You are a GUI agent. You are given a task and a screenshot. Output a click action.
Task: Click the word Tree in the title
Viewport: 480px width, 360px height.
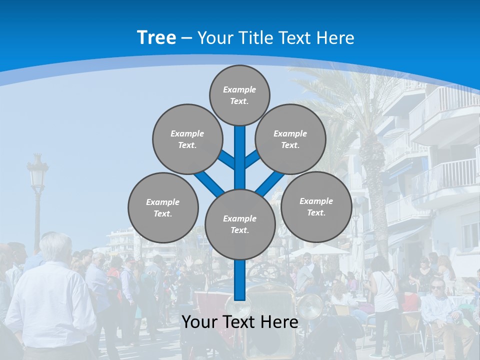tap(156, 37)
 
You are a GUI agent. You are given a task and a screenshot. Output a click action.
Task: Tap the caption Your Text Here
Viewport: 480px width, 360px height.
tap(239, 322)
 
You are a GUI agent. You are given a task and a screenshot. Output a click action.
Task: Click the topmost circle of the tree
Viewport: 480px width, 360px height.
tap(239, 95)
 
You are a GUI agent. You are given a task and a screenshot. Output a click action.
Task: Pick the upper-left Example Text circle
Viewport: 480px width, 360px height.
tap(187, 139)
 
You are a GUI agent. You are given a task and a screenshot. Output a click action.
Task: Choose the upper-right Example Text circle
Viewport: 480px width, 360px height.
tap(290, 139)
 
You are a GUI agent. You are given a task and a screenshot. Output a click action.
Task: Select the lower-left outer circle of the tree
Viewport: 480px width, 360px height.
tap(163, 207)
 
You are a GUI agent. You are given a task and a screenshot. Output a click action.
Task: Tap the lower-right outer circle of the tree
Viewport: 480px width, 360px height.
tap(316, 206)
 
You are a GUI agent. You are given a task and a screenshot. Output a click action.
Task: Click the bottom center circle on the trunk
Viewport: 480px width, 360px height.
tap(240, 224)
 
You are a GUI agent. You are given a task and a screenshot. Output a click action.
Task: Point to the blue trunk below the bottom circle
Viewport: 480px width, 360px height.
tap(240, 280)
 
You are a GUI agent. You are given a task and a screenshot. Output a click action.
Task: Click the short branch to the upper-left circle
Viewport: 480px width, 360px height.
tap(226, 159)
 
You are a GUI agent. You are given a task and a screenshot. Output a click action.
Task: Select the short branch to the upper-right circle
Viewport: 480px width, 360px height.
tap(252, 158)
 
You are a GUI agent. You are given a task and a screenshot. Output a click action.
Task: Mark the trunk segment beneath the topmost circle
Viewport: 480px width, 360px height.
tap(240, 150)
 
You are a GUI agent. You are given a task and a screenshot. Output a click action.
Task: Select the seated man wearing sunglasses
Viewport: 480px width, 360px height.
tap(440, 305)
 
